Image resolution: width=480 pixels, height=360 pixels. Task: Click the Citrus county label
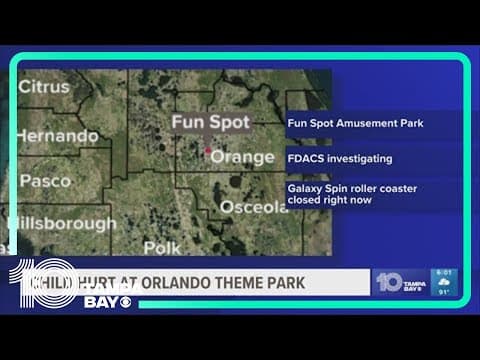[49, 87]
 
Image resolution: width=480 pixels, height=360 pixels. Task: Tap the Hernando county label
[59, 135]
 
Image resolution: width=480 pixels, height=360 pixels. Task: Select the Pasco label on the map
[46, 181]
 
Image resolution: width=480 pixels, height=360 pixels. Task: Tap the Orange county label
[242, 157]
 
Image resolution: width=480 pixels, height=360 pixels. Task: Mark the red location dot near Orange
[208, 152]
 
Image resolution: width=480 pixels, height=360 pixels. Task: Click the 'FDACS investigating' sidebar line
[339, 158]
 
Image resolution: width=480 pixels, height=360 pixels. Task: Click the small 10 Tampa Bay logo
[400, 282]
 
